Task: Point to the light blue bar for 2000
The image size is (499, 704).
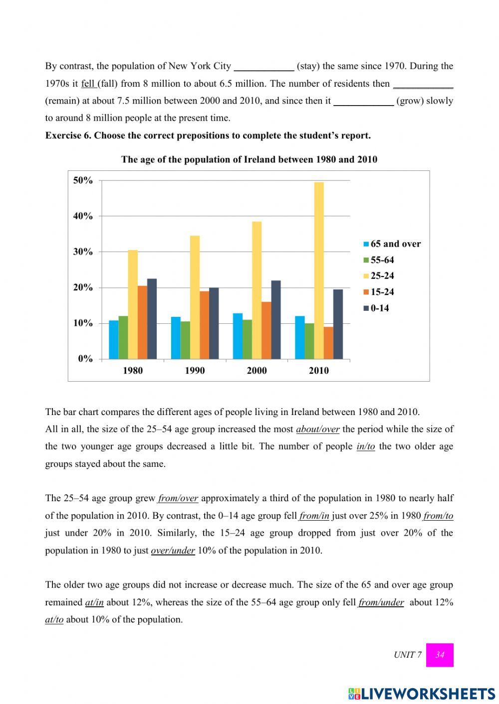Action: pos(238,336)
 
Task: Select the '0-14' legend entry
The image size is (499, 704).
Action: pos(379,308)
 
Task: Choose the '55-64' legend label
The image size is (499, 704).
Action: pos(382,260)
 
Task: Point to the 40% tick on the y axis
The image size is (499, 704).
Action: pos(83,216)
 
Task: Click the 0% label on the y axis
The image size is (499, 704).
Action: pos(85,359)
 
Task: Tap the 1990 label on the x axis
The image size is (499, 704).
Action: pos(195,371)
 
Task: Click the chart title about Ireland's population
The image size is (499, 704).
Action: pos(249,159)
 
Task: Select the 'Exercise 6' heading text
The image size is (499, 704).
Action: pos(208,136)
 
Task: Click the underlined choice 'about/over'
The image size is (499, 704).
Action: pos(317,429)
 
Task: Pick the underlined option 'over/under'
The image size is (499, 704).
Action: pos(173,551)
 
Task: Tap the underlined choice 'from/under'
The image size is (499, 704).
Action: pos(381,602)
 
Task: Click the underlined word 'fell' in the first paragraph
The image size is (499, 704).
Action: pos(88,84)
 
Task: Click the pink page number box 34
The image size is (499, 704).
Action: pos(440,655)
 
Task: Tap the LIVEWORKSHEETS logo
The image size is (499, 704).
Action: pos(422,694)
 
